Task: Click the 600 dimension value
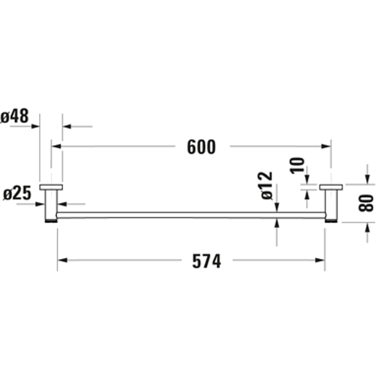[x=201, y=147]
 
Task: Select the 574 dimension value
[x=207, y=260]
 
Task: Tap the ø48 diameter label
[x=15, y=116]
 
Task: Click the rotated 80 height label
[x=366, y=202]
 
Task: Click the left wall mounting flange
[x=51, y=187]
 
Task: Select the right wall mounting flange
[x=331, y=187]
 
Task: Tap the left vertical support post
[x=51, y=204]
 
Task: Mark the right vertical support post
[x=331, y=204]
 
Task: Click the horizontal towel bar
[x=190, y=215]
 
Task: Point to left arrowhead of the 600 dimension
[x=56, y=147]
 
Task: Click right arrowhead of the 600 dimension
[x=326, y=147]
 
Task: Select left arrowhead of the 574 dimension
[x=62, y=260]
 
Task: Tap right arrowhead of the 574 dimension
[x=320, y=260]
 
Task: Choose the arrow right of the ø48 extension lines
[x=67, y=127]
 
